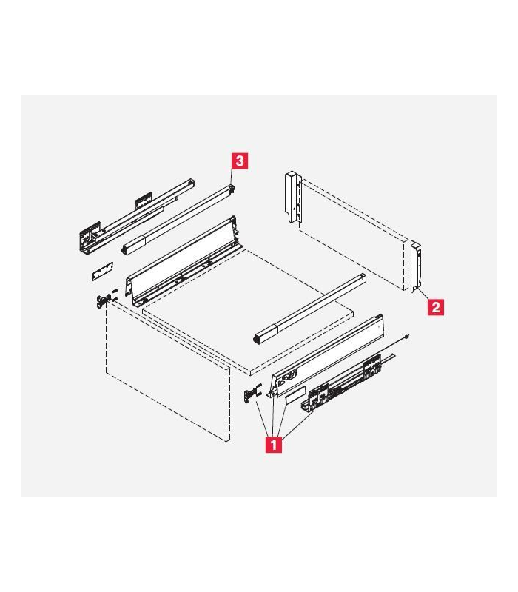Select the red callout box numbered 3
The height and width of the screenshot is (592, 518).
[240, 159]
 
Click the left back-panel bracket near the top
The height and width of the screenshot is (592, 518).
[293, 196]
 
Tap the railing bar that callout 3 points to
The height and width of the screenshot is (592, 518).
[178, 218]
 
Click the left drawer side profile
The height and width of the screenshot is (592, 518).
[185, 259]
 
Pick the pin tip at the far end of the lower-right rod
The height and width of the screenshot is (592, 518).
[410, 338]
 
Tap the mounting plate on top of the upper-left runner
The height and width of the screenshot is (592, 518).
[143, 200]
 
